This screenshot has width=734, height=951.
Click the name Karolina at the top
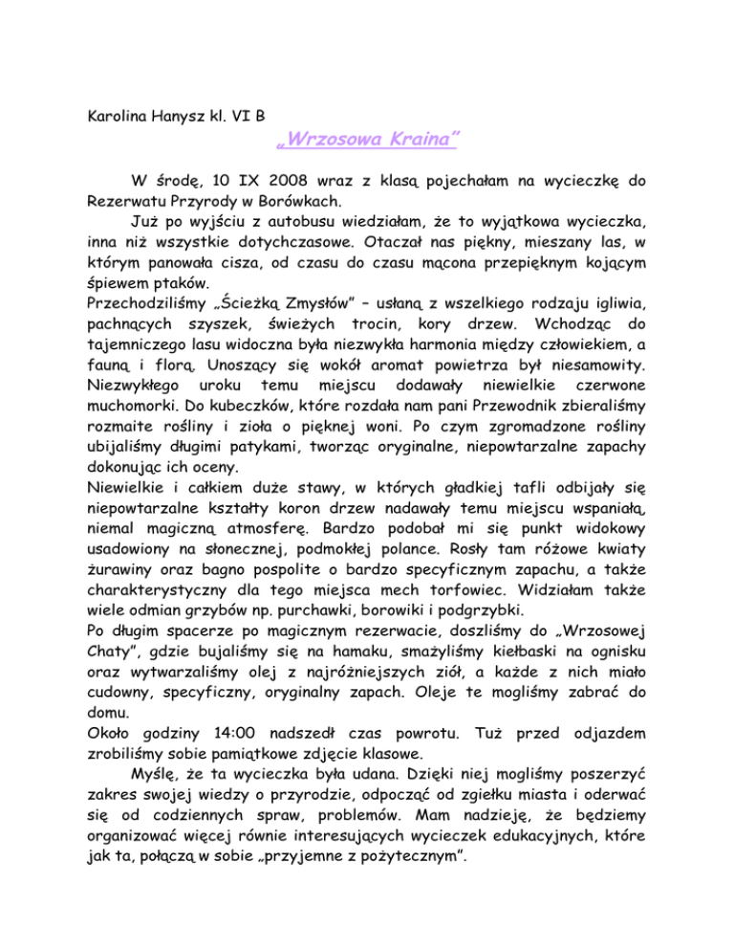coord(107,122)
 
